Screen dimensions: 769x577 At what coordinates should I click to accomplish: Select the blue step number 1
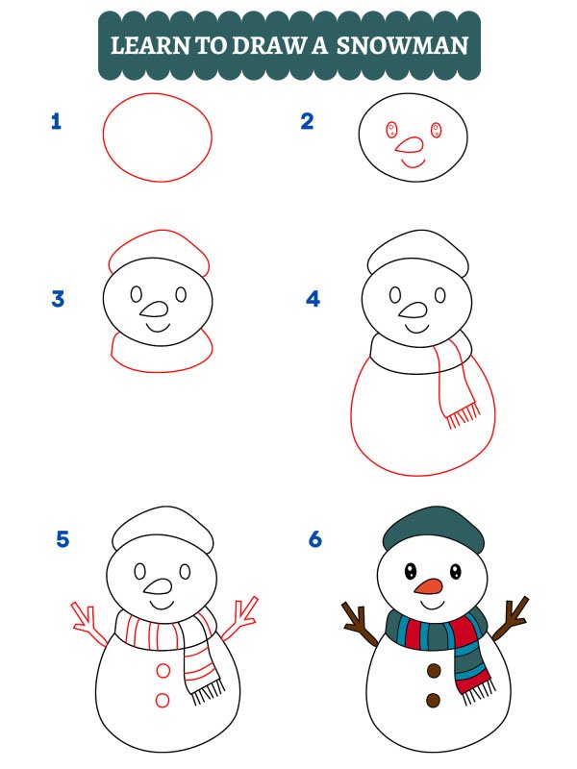click(x=56, y=122)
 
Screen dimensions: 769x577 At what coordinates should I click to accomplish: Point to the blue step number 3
click(x=58, y=299)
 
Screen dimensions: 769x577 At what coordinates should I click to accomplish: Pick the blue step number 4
click(x=313, y=299)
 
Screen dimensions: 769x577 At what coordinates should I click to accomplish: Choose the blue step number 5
click(x=63, y=539)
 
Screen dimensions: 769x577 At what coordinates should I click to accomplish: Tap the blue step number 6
click(x=314, y=539)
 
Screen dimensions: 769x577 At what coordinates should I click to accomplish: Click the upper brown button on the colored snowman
click(x=434, y=670)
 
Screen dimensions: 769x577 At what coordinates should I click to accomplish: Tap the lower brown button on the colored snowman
click(x=434, y=700)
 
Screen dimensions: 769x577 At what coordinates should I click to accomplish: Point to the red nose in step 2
click(x=411, y=145)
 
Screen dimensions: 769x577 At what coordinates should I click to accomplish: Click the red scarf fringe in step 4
click(x=462, y=414)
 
